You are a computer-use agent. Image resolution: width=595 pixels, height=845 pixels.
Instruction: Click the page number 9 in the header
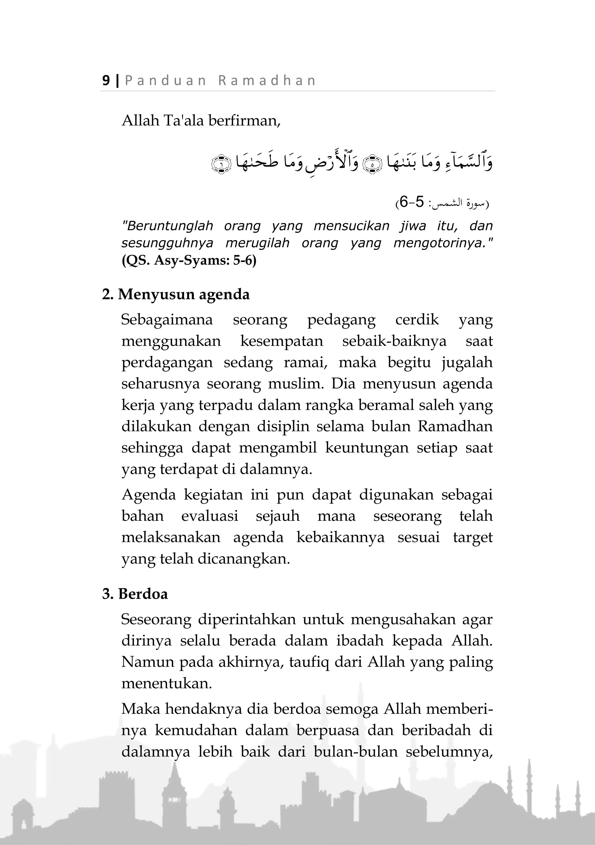106,80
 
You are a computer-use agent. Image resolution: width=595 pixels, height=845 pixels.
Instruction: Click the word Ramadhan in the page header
267,80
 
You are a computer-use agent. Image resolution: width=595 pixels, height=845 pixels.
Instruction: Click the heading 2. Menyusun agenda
176,294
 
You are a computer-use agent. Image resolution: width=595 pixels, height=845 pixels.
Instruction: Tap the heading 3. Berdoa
135,594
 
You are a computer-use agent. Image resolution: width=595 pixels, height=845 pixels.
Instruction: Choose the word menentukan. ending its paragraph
166,683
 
